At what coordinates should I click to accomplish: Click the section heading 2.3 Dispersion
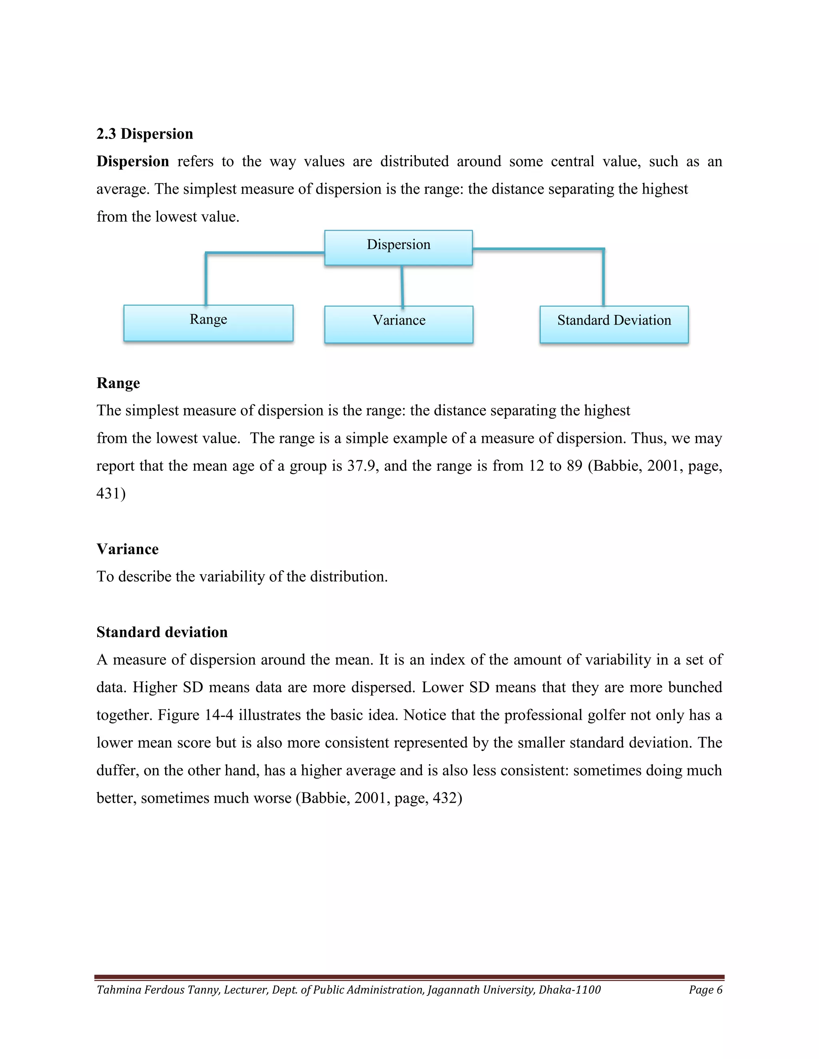pos(145,134)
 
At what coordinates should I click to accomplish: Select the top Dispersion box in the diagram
pos(398,248)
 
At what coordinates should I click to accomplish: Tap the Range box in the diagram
pos(208,323)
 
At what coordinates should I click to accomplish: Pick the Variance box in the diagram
pos(398,324)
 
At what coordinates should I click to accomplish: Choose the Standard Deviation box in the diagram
pos(614,324)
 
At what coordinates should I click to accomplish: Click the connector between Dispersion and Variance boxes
pos(402,286)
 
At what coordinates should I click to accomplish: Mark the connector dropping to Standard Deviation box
pos(603,277)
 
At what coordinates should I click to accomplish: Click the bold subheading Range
pos(118,383)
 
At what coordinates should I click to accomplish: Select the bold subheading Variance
pos(128,549)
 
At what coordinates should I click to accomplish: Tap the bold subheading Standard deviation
pos(162,632)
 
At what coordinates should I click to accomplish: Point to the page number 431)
pos(111,494)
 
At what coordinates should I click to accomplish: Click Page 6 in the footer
pos(705,989)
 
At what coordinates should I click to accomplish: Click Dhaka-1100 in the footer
pos(569,989)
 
